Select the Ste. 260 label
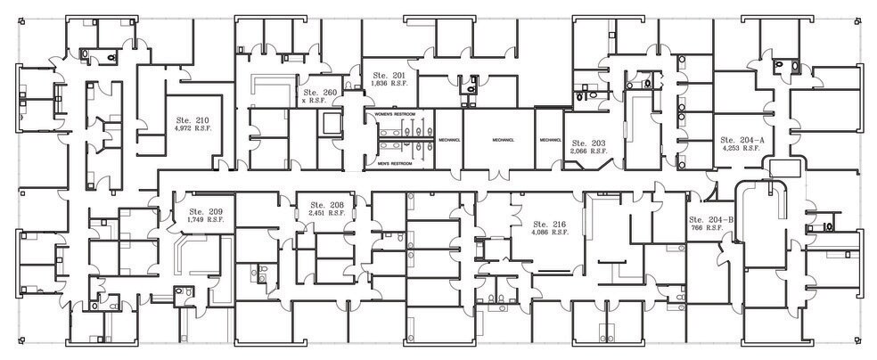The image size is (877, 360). (x=319, y=93)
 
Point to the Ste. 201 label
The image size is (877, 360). (x=389, y=76)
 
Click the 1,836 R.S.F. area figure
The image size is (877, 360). (x=389, y=84)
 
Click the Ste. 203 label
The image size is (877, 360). (x=588, y=143)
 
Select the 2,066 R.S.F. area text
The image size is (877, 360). (x=588, y=151)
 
